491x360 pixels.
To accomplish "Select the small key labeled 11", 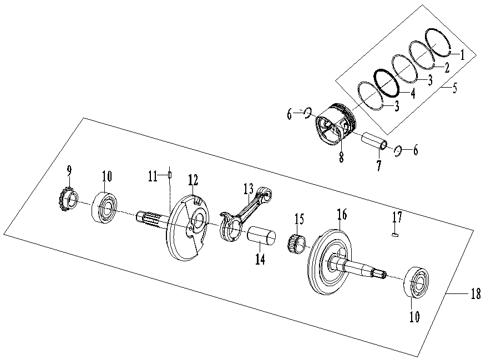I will [x=170, y=176].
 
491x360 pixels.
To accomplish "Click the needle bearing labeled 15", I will [x=297, y=242].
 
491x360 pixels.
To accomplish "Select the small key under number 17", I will [x=394, y=235].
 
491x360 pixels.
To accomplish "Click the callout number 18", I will [x=475, y=295].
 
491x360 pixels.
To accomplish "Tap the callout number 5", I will [x=454, y=89].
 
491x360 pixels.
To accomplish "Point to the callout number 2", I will [x=445, y=67].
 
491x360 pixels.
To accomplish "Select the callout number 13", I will [x=248, y=190].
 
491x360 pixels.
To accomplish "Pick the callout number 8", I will [x=341, y=157].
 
